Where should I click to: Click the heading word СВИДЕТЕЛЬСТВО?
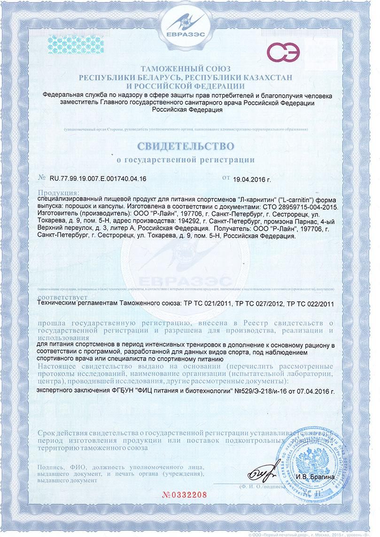[186, 142]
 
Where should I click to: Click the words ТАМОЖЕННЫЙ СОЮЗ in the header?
[190, 69]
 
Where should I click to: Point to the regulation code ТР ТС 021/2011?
[206, 304]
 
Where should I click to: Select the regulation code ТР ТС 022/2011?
[310, 304]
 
